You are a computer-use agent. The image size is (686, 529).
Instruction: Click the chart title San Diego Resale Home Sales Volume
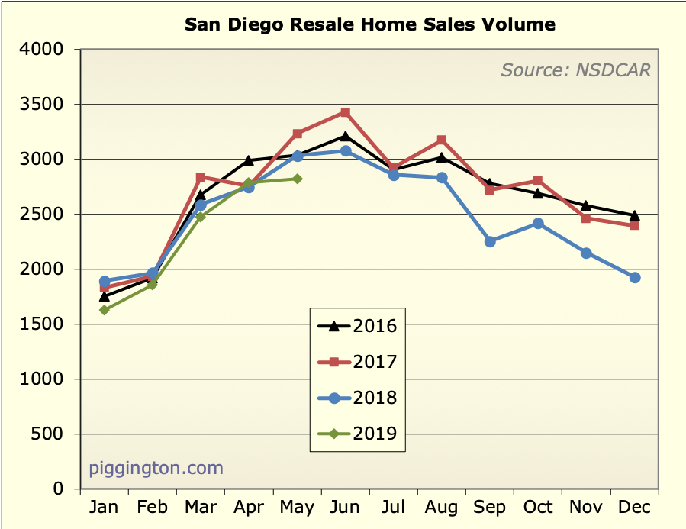[x=370, y=24]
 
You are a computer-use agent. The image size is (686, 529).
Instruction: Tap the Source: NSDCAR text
[x=575, y=71]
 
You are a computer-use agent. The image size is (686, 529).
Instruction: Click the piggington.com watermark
[x=156, y=467]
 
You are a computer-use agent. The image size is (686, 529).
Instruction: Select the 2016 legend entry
[x=357, y=326]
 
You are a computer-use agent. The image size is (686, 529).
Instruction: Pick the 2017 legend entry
[x=357, y=362]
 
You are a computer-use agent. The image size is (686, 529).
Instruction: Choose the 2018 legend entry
[x=357, y=398]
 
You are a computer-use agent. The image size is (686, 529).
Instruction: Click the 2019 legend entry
[x=357, y=434]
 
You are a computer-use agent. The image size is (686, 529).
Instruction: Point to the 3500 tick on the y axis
[x=45, y=105]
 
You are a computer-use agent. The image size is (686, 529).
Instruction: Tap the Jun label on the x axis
[x=346, y=508]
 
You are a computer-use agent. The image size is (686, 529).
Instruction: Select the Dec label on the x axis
[x=634, y=508]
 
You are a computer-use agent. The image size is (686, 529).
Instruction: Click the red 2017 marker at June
[x=346, y=112]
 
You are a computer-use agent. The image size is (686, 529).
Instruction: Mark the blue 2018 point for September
[x=490, y=241]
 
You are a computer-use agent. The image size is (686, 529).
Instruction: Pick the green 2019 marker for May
[x=297, y=179]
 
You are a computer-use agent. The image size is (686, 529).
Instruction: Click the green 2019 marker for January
[x=105, y=310]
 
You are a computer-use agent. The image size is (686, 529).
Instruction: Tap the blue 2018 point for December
[x=634, y=277]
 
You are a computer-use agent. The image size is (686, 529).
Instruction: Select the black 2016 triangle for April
[x=249, y=160]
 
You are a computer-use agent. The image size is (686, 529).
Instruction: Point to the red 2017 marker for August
[x=442, y=140]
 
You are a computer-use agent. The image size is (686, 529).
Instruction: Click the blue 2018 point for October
[x=538, y=224]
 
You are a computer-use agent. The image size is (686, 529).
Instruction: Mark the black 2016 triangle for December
[x=634, y=215]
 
